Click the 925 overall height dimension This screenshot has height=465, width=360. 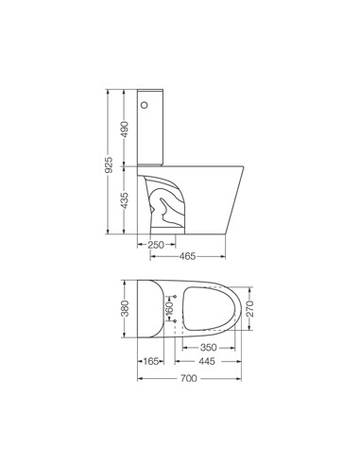coord(109,164)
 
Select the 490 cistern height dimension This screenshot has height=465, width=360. coord(125,129)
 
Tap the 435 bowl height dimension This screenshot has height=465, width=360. coord(125,200)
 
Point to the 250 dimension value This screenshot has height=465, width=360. coord(156,245)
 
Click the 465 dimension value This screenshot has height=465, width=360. coord(188,256)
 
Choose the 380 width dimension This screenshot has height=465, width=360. coord(125,308)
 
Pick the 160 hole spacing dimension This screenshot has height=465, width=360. coord(169,308)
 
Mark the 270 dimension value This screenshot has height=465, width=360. coord(249,309)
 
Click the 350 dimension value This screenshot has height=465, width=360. coord(209,348)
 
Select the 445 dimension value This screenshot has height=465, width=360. coord(207,361)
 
